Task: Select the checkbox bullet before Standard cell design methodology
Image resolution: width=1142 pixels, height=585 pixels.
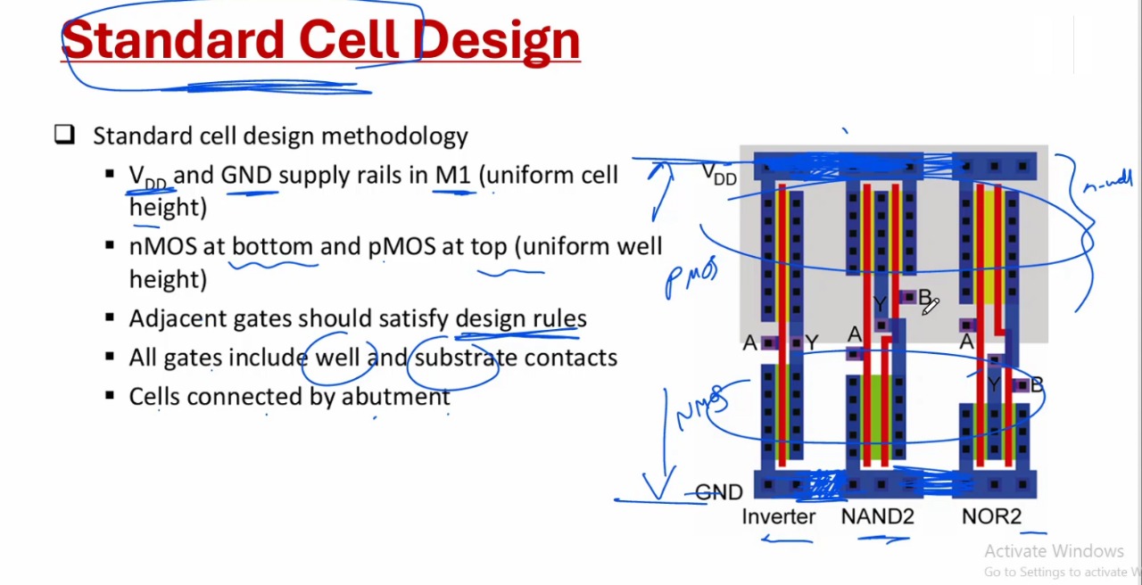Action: (x=64, y=135)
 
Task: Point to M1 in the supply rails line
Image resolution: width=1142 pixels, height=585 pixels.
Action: (x=452, y=175)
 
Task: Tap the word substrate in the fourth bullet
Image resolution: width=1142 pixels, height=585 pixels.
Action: (x=466, y=357)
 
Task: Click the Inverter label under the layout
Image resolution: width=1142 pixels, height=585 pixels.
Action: (x=778, y=516)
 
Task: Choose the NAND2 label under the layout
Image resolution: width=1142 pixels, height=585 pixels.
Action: (x=877, y=516)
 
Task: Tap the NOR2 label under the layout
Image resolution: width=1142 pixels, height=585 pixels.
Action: (x=991, y=516)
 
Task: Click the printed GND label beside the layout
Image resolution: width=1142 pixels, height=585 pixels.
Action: (x=719, y=492)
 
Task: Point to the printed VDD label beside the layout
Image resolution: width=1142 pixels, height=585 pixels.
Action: (x=719, y=174)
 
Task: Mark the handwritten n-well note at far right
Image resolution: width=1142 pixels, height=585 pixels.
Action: (x=1107, y=183)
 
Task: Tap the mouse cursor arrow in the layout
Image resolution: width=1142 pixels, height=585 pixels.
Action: (x=930, y=307)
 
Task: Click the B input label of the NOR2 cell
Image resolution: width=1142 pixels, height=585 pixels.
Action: (x=1036, y=385)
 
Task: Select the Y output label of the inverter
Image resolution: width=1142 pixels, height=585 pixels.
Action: (x=811, y=342)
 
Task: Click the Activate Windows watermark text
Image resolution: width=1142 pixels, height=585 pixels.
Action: (x=1054, y=551)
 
